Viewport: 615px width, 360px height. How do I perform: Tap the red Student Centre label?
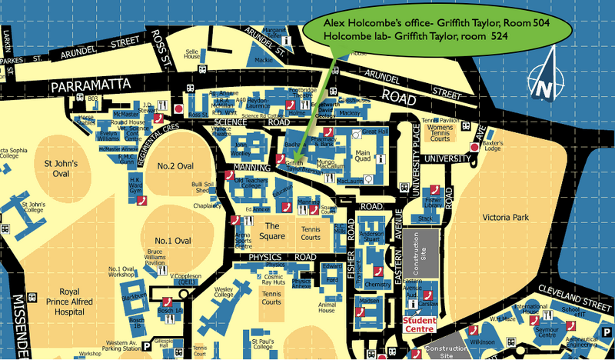pos(419,324)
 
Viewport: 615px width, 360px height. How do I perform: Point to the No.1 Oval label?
pos(172,240)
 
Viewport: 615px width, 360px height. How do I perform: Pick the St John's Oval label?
pos(59,168)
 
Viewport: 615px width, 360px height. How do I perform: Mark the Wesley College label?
pos(223,292)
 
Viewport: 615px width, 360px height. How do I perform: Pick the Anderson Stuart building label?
pos(371,239)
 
